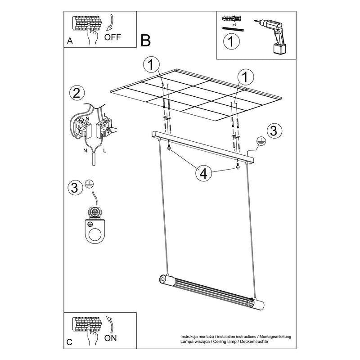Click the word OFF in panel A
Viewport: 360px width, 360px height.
coord(112,37)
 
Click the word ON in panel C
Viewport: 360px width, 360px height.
coord(110,338)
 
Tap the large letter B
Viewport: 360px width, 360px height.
coord(145,40)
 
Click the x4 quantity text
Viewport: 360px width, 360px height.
coord(234,25)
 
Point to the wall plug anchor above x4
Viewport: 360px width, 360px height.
coord(232,18)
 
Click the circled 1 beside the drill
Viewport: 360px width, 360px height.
coord(231,41)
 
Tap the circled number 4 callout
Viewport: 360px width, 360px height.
coord(204,173)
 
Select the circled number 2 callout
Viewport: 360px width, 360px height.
coord(76,93)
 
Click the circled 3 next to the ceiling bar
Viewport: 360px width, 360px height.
coord(274,131)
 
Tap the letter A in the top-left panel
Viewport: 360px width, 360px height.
coord(70,40)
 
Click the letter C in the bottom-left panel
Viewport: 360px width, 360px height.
coord(69,342)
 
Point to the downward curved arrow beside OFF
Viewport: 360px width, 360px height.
coord(110,23)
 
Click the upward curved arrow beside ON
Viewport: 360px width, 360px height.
coord(110,324)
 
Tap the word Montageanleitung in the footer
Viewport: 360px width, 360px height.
coord(275,337)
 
